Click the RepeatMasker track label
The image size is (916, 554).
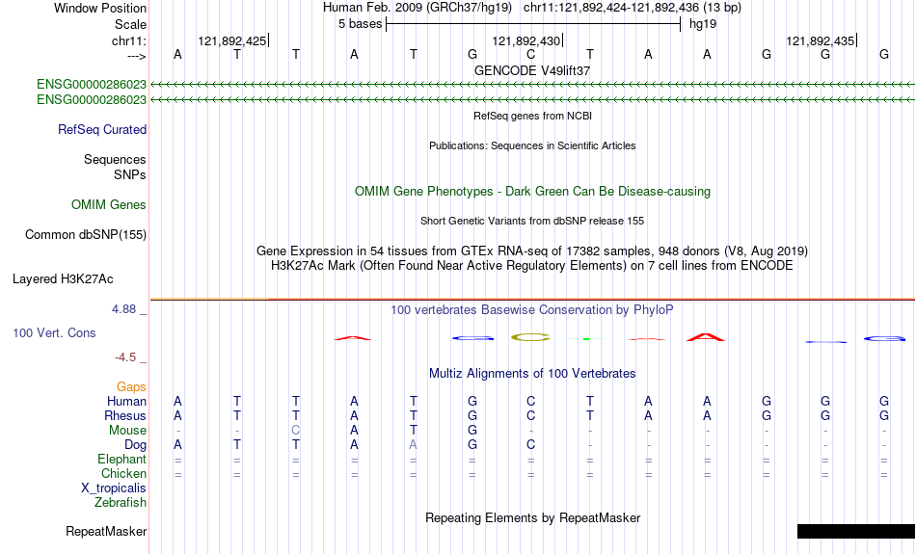tap(106, 531)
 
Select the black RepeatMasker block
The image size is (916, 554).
tap(856, 531)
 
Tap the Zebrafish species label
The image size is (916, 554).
tap(121, 502)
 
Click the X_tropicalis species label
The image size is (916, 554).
tap(114, 488)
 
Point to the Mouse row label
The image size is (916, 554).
tap(127, 431)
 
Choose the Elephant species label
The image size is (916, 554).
tap(121, 459)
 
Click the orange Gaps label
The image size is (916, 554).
tap(131, 387)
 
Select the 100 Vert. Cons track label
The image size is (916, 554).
tap(54, 332)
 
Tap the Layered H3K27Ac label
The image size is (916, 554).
tap(63, 279)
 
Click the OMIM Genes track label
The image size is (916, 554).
tap(109, 205)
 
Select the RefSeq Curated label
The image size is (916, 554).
tap(102, 130)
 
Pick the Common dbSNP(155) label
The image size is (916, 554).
tap(86, 235)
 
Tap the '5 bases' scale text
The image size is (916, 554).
tap(360, 24)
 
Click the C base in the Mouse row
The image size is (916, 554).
tap(296, 431)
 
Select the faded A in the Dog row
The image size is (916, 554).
tap(413, 445)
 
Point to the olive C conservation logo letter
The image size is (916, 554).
tap(530, 337)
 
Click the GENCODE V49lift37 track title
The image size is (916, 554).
tap(532, 70)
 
